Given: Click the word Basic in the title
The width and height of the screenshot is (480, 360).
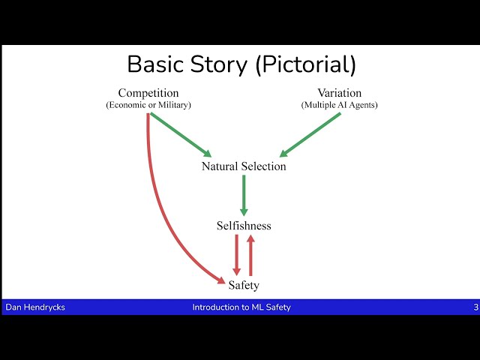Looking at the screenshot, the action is (x=155, y=64).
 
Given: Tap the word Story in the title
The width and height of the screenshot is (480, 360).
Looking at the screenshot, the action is (x=218, y=64).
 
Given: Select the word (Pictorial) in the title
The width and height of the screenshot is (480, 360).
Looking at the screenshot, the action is (x=305, y=64).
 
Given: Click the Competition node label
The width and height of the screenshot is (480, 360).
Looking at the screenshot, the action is (x=148, y=93).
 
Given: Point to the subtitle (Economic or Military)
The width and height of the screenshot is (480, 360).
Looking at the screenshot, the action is (x=148, y=105).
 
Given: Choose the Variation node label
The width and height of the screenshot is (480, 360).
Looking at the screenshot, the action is (x=340, y=93).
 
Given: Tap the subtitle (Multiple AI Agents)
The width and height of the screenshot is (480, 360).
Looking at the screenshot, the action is (x=340, y=105).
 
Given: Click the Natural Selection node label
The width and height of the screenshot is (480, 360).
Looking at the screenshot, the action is (x=244, y=166).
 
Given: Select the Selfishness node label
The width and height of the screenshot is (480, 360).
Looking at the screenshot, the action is (x=244, y=226).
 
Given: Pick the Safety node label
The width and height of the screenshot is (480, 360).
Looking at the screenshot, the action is (x=244, y=285).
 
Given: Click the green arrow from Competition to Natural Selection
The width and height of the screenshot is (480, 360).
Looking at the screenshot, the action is (x=181, y=135).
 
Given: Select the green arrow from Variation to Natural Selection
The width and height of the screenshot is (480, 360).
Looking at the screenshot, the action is (x=310, y=135).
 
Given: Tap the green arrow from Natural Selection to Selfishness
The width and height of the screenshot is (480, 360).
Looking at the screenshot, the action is (x=244, y=195).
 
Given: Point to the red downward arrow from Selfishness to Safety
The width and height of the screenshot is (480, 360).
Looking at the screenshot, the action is (x=237, y=255).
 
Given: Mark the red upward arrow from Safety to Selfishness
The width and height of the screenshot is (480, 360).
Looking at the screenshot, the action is (x=250, y=255).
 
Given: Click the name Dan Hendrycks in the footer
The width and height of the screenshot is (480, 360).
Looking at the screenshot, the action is (x=35, y=307).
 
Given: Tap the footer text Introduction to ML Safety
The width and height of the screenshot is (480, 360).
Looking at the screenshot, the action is (x=241, y=307).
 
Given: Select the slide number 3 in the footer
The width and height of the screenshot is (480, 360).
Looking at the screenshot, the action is (x=476, y=307).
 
